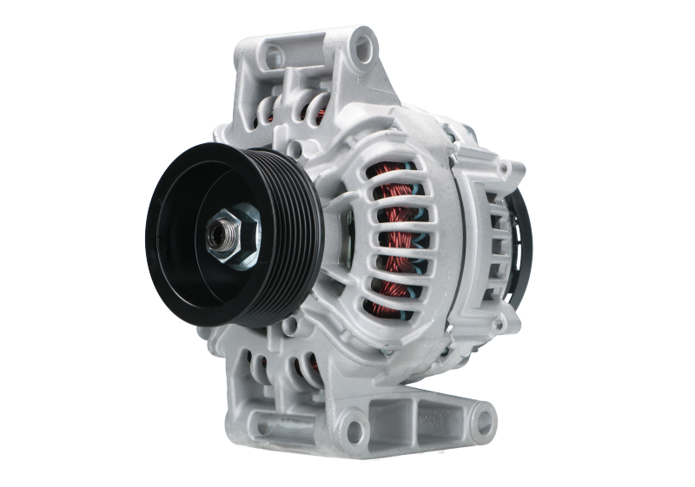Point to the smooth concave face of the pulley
click(x=187, y=260)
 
